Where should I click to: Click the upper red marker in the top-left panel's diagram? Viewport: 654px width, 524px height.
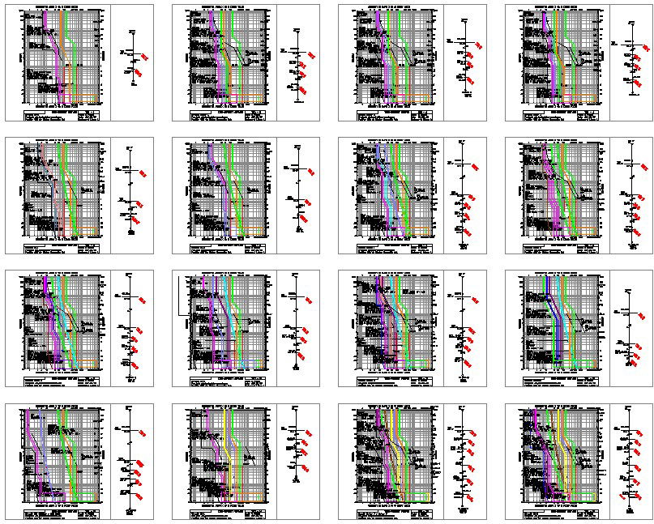[x=144, y=56]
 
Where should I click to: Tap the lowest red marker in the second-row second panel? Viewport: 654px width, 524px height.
[x=303, y=219]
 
